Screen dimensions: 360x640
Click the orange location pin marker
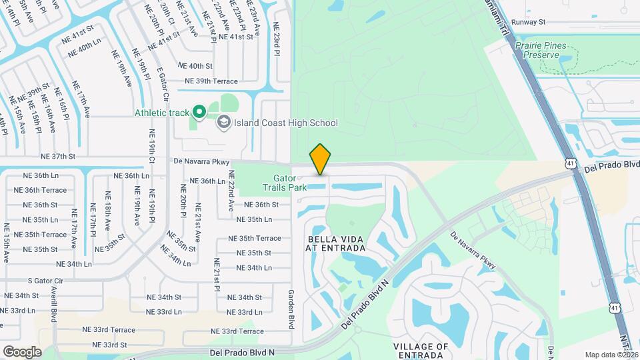(320, 159)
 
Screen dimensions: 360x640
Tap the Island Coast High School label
(286, 123)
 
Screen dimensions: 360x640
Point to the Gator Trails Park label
(290, 183)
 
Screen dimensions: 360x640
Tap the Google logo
(22, 351)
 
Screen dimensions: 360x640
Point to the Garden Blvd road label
(291, 309)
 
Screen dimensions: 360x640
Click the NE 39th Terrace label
(211, 81)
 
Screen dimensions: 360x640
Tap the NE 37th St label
(59, 157)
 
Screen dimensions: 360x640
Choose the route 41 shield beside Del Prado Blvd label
(569, 163)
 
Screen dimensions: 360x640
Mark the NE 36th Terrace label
(45, 190)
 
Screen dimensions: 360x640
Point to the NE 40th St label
(195, 66)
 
